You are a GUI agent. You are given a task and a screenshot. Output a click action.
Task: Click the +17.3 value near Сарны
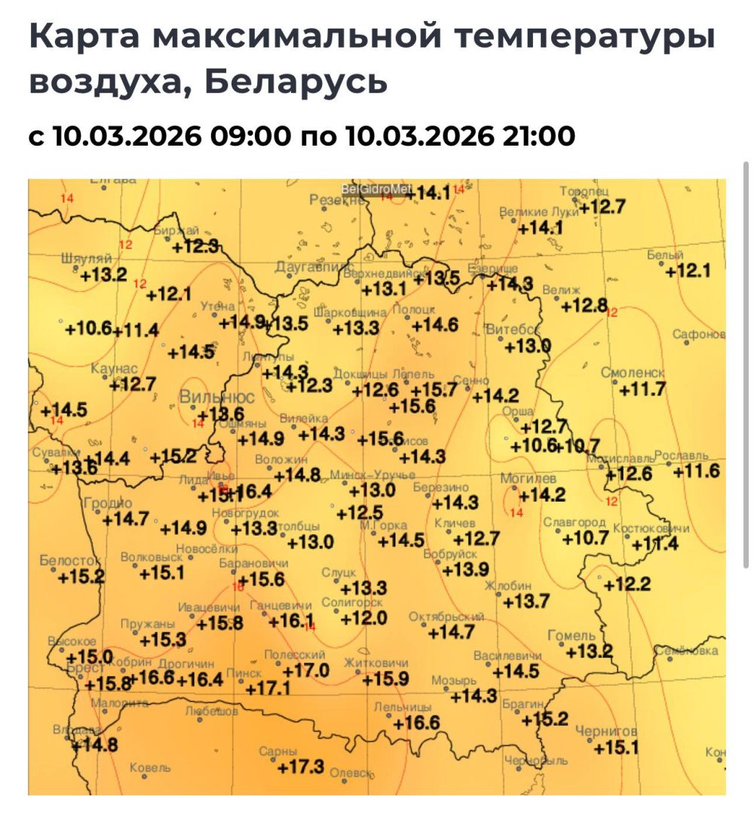coord(301,767)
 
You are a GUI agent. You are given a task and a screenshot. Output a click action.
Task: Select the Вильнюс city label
coord(216,397)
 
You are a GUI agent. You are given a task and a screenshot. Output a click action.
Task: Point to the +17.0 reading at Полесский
coord(306,670)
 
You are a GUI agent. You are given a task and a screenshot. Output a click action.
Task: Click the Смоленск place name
coord(633,373)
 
